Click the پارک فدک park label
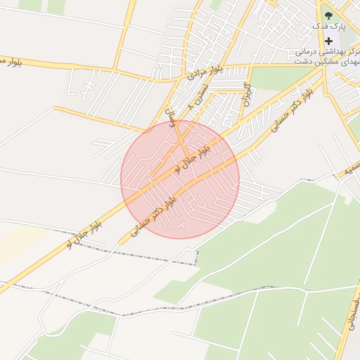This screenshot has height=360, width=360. [x=330, y=26]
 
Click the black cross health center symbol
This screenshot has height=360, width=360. [x=328, y=41]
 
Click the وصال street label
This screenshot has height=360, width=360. [x=169, y=115]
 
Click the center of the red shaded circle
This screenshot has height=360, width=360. [x=180, y=179]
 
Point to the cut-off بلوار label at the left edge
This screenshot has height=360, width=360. [x=10, y=61]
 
